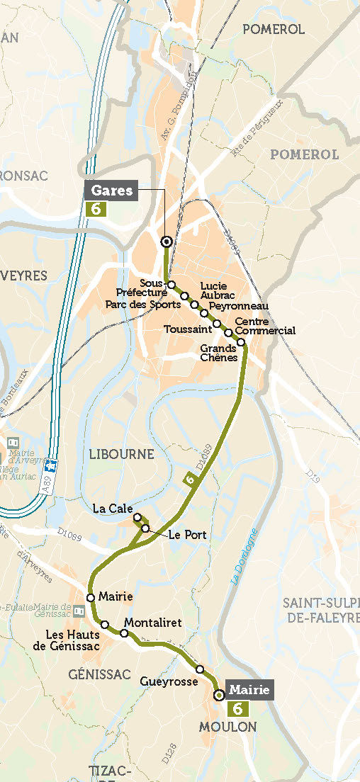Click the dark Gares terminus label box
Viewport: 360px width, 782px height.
(x=112, y=191)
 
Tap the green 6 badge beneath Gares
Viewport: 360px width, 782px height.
(x=95, y=209)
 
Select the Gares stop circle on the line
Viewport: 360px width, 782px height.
(x=167, y=242)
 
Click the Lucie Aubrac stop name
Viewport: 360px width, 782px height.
(x=214, y=290)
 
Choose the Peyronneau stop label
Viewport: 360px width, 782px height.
(x=239, y=306)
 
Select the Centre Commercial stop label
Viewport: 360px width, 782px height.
(x=264, y=327)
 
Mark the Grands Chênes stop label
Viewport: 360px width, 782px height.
(x=219, y=353)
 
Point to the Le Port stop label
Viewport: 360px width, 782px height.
(x=188, y=535)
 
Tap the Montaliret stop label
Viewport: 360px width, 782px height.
(x=153, y=623)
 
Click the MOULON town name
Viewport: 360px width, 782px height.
(x=227, y=727)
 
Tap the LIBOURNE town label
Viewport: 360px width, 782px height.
(x=122, y=453)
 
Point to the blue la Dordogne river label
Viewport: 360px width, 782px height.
(x=244, y=557)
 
